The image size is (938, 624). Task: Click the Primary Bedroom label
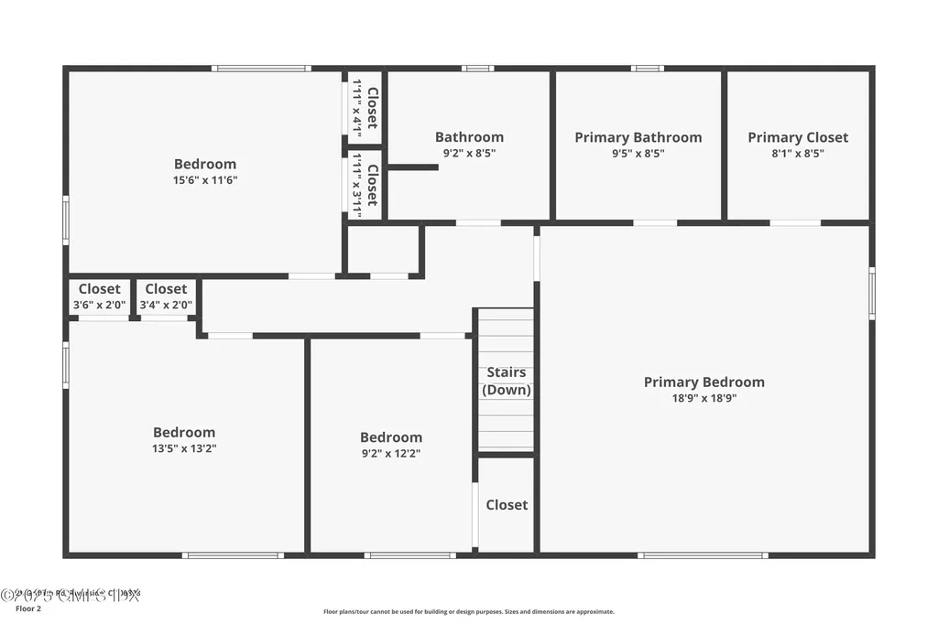click(703, 382)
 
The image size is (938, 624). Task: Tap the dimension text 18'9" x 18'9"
click(703, 398)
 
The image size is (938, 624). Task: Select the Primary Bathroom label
click(638, 137)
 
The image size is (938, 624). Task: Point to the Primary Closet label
click(797, 137)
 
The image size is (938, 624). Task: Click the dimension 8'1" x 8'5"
click(797, 154)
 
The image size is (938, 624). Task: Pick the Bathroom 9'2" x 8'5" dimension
click(469, 154)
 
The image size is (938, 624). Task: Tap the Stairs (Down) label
click(507, 381)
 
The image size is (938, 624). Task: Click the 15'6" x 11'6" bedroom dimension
click(205, 180)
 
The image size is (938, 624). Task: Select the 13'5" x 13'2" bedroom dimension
click(184, 448)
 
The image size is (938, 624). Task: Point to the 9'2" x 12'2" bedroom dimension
click(390, 453)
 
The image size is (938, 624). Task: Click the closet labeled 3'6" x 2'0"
click(99, 297)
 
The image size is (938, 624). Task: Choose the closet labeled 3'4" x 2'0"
click(166, 297)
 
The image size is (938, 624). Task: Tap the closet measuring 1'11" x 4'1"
click(365, 108)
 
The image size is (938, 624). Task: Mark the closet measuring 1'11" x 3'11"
click(365, 186)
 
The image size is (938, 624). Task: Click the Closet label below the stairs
click(507, 505)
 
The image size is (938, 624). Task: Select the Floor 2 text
click(28, 608)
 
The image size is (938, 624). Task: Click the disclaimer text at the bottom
click(468, 612)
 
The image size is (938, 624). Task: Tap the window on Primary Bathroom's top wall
click(647, 68)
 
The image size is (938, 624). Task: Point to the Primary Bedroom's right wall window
click(871, 293)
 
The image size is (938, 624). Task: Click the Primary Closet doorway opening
click(794, 222)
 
